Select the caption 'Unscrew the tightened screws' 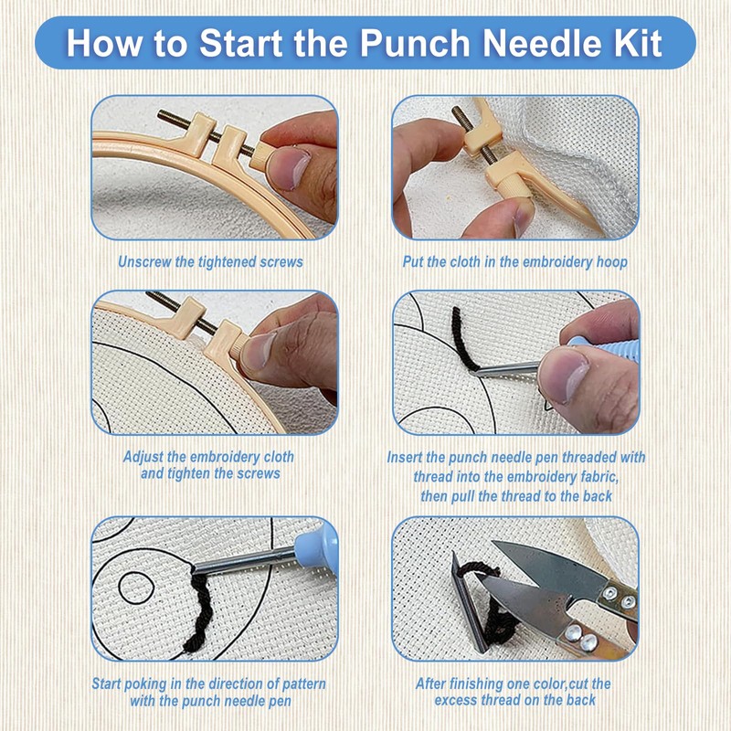[x=210, y=262]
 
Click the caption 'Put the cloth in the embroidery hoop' [x=515, y=262]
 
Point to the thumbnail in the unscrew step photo [x=289, y=168]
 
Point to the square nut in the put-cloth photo [x=482, y=139]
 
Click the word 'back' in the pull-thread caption [x=598, y=496]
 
